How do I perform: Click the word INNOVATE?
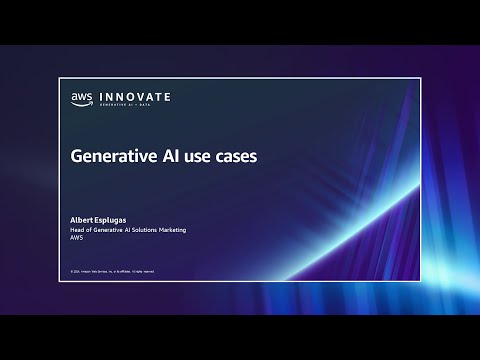[132, 96]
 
